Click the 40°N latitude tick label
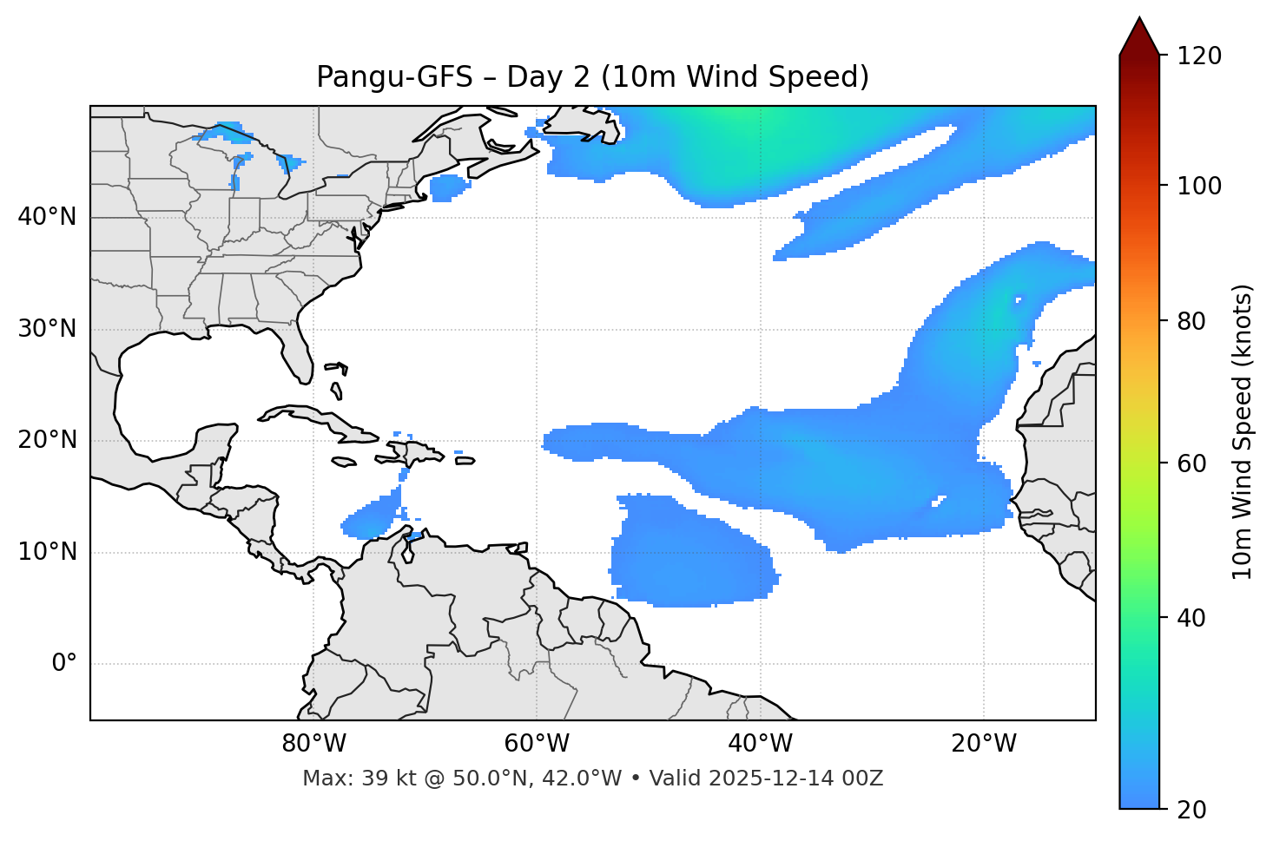47,217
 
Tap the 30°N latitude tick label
47,329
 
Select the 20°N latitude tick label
47,440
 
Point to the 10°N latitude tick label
47,552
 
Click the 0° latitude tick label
64,664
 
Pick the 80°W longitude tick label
313,744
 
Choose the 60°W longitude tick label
537,744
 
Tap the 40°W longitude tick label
760,744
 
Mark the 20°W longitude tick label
984,744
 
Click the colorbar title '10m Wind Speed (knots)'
1243,431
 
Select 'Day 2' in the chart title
547,77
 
